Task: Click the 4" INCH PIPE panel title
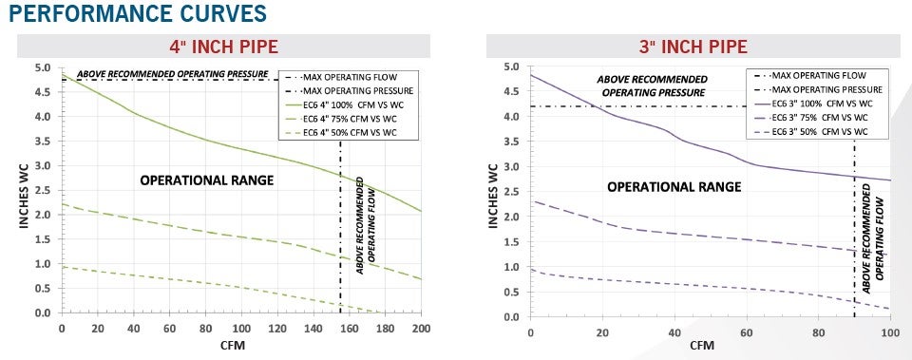[x=224, y=47]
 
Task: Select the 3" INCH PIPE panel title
[x=693, y=47]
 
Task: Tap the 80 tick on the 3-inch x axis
[x=818, y=332]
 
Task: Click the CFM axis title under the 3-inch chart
[x=702, y=346]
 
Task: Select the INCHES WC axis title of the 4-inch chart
[x=24, y=190]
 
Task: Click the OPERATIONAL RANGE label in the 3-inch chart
[x=673, y=186]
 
